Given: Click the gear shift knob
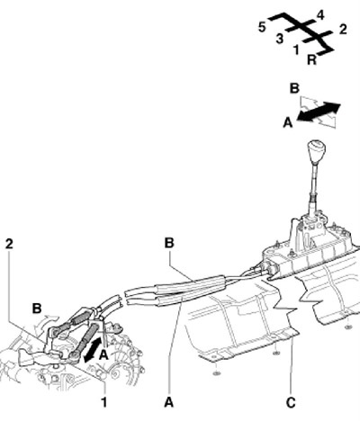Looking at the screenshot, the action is click(316, 150).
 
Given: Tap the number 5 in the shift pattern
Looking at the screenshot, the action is click(262, 27).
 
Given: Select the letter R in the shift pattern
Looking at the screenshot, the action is click(312, 59).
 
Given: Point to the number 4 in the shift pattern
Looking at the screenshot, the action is click(320, 15).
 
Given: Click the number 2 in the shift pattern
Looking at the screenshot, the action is click(343, 29).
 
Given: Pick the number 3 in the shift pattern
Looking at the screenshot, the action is click(280, 39).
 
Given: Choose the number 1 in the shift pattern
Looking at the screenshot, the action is click(296, 49).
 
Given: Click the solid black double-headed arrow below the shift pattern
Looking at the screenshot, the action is click(319, 112).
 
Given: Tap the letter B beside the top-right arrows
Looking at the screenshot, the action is click(294, 89).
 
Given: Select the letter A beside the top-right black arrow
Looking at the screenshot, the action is click(288, 122).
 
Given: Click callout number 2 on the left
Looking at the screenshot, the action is click(9, 244).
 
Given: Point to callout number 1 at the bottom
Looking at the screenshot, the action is click(103, 402).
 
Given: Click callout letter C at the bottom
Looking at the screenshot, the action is click(291, 403).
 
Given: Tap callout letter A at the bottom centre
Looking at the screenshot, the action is click(169, 402).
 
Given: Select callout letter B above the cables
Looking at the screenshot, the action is click(169, 243).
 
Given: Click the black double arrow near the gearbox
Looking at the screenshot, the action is click(92, 349).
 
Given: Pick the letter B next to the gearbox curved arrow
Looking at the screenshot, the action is click(37, 309).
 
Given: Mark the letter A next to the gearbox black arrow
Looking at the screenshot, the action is click(103, 355).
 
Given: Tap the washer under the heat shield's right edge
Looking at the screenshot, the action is click(348, 327).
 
